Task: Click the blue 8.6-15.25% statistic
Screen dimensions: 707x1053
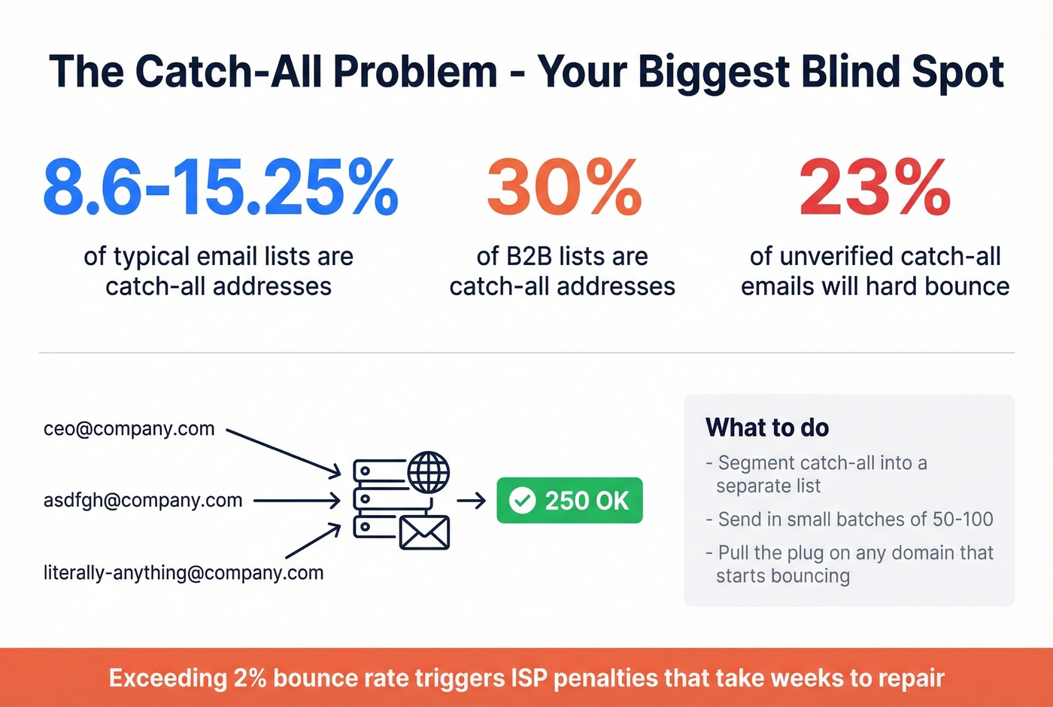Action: (220, 187)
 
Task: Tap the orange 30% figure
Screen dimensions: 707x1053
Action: (564, 187)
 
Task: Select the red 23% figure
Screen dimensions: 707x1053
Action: (875, 187)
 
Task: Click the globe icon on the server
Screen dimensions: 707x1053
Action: (429, 472)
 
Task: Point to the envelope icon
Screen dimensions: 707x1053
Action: (424, 532)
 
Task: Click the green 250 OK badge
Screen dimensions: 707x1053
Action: (569, 501)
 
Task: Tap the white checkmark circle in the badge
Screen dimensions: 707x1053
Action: (522, 501)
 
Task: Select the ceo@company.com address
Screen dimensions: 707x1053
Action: (129, 428)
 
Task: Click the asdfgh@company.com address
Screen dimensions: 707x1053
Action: (143, 500)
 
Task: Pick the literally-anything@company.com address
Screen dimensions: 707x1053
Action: (184, 572)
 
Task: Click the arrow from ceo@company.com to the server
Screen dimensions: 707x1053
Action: (284, 453)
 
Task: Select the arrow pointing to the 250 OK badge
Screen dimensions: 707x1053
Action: (472, 501)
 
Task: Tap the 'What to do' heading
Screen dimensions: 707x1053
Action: (767, 428)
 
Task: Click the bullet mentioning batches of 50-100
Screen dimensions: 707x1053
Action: (850, 519)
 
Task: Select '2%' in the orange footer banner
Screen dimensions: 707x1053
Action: (250, 678)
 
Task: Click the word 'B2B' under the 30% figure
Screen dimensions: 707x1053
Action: (530, 256)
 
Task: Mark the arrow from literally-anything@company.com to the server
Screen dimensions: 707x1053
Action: (313, 541)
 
